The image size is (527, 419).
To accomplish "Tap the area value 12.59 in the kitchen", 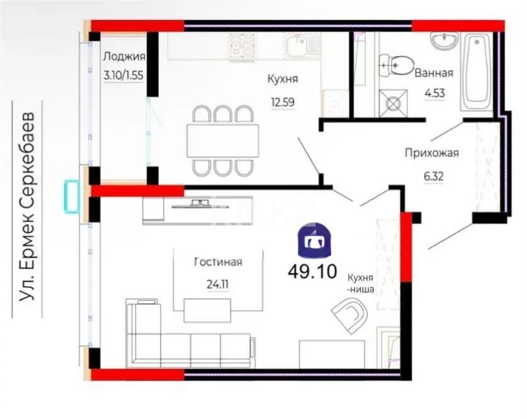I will pos(281,101).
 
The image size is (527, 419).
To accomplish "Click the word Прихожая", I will pos(431,152).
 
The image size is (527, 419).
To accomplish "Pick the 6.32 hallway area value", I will pos(433,176).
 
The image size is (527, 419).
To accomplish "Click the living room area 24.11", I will pos(217,284).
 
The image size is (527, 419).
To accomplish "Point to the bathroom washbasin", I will pos(446,40).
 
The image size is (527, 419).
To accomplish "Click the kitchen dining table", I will pos(222,140).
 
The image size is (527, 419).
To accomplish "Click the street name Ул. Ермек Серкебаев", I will pos(27,207).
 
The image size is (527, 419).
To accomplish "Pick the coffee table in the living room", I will pos(207,309).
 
